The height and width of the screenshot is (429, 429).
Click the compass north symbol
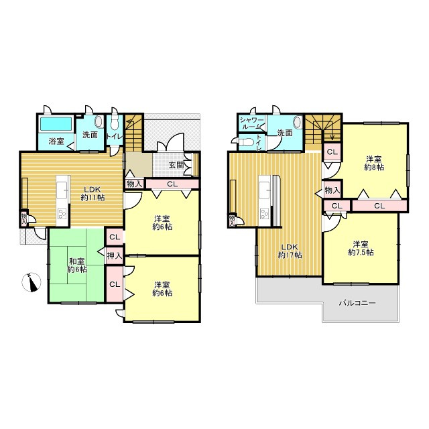(x=32, y=282)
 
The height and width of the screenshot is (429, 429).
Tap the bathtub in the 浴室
(x=56, y=123)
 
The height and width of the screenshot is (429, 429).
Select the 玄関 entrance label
(x=176, y=165)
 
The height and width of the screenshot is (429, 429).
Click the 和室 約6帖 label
(x=77, y=265)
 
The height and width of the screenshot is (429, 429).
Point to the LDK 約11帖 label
(x=93, y=193)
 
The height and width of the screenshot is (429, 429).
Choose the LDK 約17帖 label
(x=290, y=251)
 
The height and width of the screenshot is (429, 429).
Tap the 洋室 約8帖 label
(x=374, y=163)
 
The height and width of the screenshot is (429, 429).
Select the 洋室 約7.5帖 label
(x=361, y=248)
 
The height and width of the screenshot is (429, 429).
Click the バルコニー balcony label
(x=357, y=303)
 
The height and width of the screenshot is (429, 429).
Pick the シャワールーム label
(x=251, y=123)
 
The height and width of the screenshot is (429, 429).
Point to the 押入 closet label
(x=115, y=256)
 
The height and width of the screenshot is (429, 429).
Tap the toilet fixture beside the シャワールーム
(x=247, y=142)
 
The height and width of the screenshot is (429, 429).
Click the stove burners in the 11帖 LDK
(x=62, y=213)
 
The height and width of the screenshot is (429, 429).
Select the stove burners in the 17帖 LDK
(x=265, y=213)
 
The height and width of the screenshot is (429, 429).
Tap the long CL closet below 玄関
(x=172, y=184)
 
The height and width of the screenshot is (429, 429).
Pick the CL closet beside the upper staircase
(x=332, y=152)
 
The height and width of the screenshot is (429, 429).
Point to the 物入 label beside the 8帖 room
(x=332, y=190)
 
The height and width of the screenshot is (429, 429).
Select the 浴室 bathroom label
(x=56, y=141)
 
